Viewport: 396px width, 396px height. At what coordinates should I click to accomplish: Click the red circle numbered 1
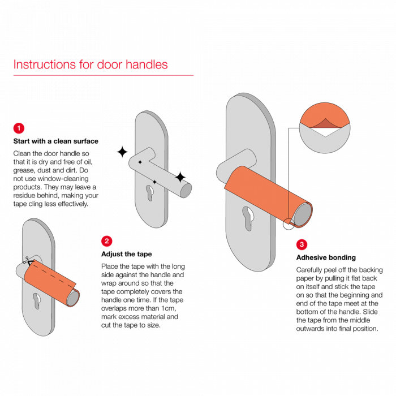click(x=19, y=128)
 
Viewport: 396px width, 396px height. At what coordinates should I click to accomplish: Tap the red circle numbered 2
click(x=106, y=241)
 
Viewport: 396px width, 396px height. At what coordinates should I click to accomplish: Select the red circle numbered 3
click(x=302, y=244)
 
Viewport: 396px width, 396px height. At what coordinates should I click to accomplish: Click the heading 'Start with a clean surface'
click(x=56, y=141)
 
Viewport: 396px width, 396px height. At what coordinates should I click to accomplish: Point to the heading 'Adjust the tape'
click(x=127, y=254)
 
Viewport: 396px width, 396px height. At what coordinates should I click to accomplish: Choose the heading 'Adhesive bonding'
click(x=326, y=257)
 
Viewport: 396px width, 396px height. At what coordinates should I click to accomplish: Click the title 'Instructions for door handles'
click(x=91, y=64)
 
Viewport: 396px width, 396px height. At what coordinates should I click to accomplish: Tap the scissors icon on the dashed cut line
click(x=28, y=261)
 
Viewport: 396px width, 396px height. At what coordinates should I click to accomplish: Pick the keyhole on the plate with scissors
click(x=37, y=301)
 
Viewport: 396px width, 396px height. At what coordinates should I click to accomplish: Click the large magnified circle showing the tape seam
click(x=325, y=128)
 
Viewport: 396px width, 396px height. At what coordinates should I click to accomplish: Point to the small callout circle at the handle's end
click(x=289, y=224)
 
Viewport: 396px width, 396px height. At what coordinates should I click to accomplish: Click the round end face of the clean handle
click(x=186, y=190)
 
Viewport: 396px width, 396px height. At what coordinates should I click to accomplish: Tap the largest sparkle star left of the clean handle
click(x=122, y=152)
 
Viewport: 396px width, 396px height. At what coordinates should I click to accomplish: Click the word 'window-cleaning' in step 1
click(x=63, y=179)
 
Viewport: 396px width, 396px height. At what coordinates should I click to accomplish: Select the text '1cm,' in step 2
click(x=169, y=308)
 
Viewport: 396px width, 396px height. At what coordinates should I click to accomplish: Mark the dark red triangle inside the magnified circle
click(x=325, y=123)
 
